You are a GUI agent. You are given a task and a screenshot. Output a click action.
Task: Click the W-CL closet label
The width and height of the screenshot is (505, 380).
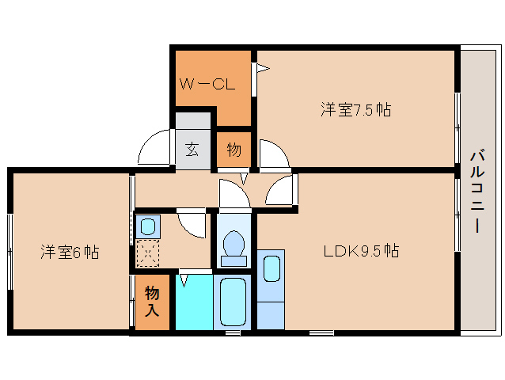point(206,84)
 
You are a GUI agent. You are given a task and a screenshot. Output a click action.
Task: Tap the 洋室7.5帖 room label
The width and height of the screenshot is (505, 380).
point(355,109)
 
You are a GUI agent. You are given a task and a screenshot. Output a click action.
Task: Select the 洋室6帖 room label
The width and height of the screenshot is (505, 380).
point(70,253)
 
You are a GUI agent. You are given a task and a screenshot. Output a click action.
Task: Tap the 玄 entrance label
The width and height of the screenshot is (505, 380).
point(192,150)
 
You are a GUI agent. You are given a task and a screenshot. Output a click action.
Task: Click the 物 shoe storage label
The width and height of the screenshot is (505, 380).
point(234,150)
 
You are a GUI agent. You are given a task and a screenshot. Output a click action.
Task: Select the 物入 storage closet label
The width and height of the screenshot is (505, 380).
point(152,302)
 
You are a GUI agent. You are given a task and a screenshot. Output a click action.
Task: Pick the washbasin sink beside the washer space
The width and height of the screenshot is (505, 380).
point(147,227)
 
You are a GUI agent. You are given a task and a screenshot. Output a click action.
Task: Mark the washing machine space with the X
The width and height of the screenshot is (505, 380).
point(147,254)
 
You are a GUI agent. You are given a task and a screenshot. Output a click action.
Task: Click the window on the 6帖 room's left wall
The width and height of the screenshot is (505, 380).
point(9,250)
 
